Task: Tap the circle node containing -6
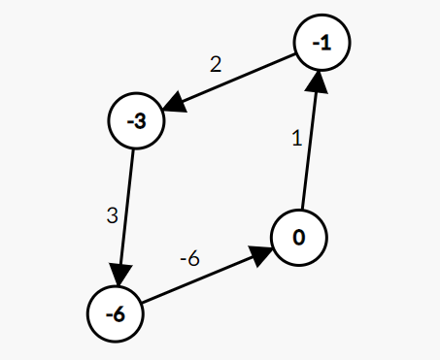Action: tap(115, 313)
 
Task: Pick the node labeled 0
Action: tap(299, 237)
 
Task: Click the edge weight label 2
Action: tap(216, 65)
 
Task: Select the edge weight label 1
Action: tap(297, 139)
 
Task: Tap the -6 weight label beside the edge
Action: tap(189, 259)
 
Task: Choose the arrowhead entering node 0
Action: tap(261, 252)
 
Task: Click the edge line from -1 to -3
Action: tap(233, 82)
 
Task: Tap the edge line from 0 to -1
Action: tap(310, 146)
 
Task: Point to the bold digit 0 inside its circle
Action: tap(299, 237)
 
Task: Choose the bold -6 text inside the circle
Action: tap(115, 313)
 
